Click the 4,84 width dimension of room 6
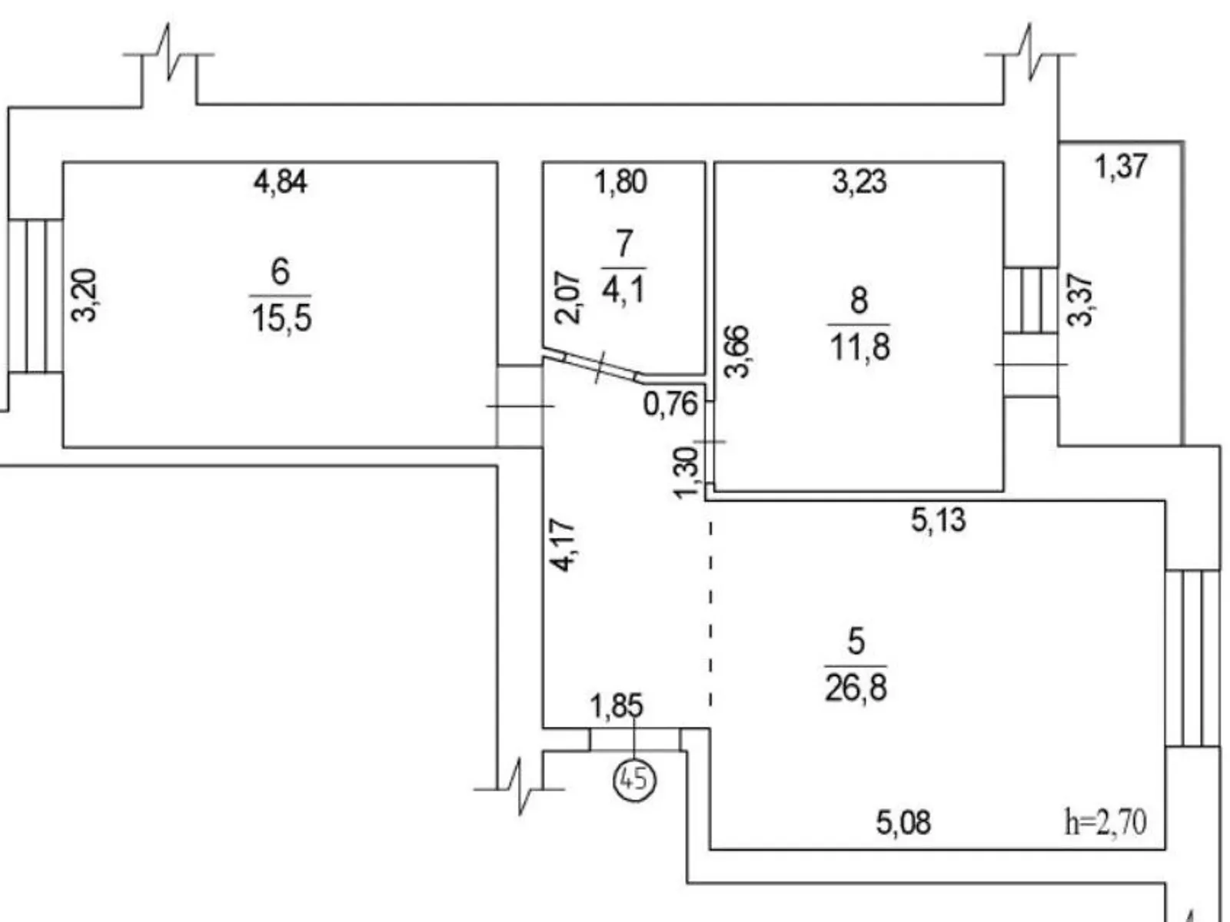(x=281, y=182)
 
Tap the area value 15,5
(x=281, y=317)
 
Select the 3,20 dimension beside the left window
(x=85, y=295)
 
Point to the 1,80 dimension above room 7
(x=621, y=182)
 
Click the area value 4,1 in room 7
(x=623, y=290)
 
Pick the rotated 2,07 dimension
(x=569, y=298)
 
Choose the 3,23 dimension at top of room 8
(x=859, y=182)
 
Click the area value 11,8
(x=859, y=347)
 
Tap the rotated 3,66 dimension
(x=737, y=351)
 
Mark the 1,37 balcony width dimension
(x=1121, y=166)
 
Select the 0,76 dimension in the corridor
(x=670, y=403)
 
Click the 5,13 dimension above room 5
(x=938, y=520)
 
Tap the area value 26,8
(x=856, y=688)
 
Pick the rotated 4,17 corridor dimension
(x=563, y=545)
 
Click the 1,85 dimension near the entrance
(x=616, y=706)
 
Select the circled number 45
(x=634, y=780)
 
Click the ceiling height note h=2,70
(x=1105, y=822)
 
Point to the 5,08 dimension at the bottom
(x=903, y=823)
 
